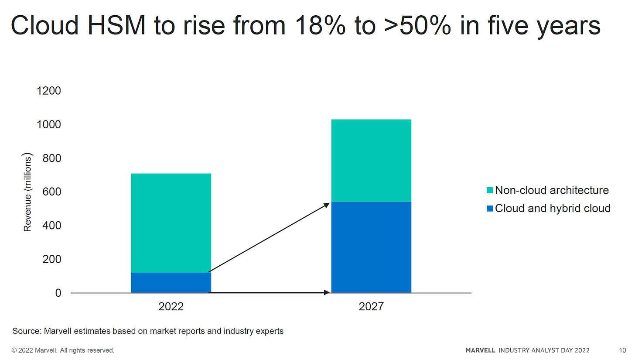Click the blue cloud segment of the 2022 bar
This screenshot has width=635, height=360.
[171, 282]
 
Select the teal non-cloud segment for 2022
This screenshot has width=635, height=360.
[171, 223]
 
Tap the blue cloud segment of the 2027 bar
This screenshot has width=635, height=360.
[371, 247]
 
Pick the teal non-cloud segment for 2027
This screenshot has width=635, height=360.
[371, 161]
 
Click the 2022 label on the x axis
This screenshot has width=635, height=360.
[171, 307]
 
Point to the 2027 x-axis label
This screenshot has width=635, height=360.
[371, 307]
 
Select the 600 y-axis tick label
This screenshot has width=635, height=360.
[51, 192]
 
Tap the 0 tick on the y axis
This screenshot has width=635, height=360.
[58, 293]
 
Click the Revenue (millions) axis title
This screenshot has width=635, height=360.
[27, 192]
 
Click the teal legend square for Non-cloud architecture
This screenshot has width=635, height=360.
[489, 190]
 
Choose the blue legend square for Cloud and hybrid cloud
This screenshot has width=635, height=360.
[489, 208]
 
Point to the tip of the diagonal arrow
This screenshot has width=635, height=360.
[328, 203]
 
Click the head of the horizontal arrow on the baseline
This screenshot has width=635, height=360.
[328, 292]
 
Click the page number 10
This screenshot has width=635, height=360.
[622, 350]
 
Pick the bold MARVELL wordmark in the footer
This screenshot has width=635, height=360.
[480, 350]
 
